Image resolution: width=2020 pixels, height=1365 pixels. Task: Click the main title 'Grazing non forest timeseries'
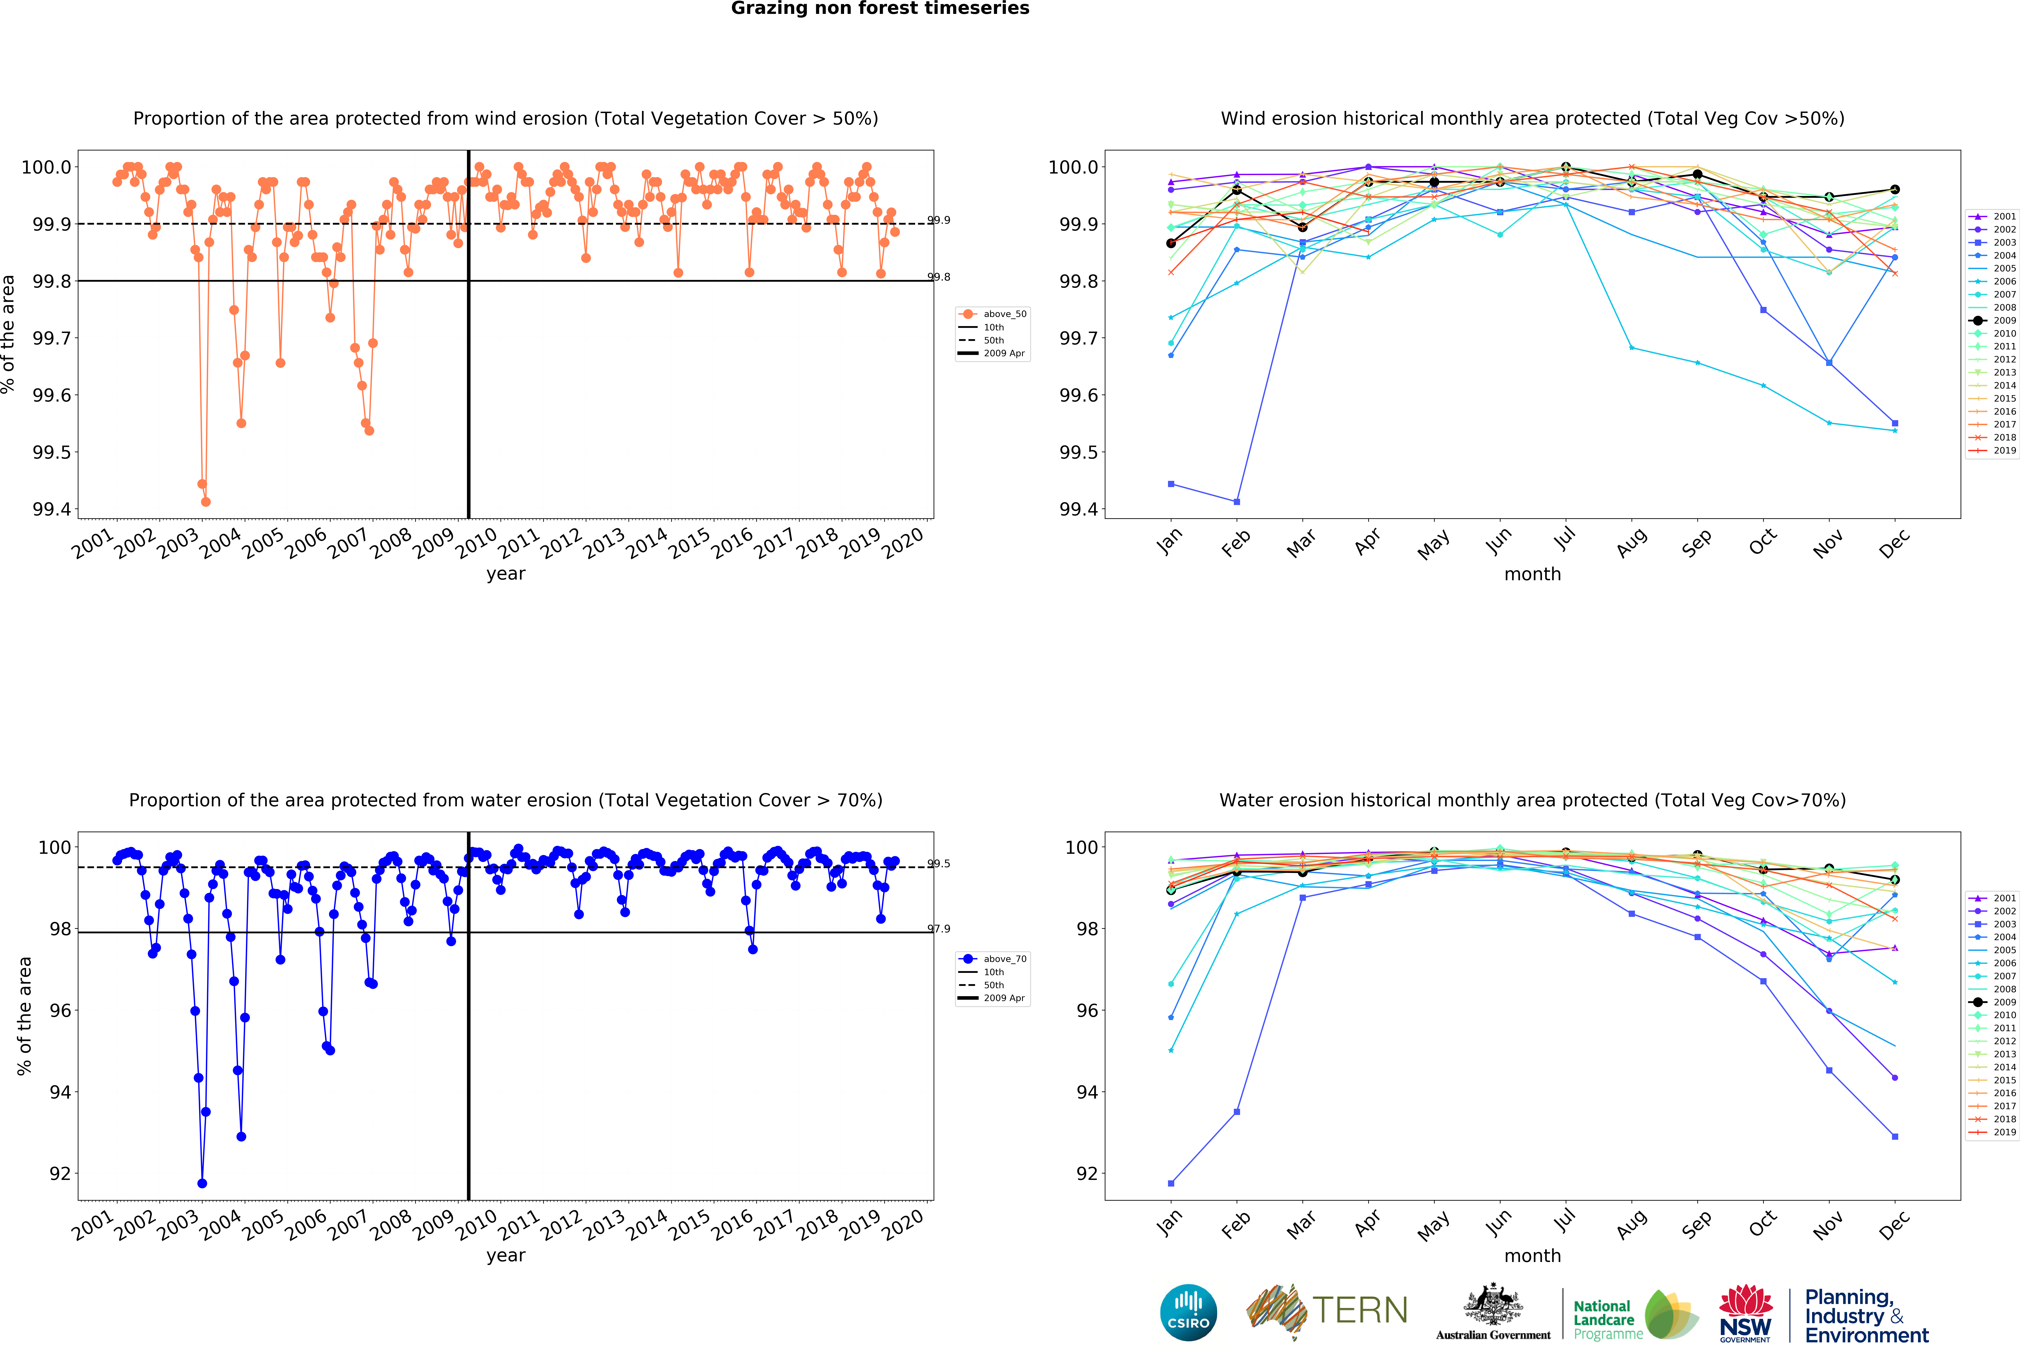pos(880,9)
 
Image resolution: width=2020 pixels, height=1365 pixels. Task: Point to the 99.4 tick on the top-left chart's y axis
pos(52,509)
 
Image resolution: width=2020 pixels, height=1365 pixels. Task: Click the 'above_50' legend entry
pos(1004,314)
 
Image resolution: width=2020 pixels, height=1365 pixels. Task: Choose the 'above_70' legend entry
pos(1004,959)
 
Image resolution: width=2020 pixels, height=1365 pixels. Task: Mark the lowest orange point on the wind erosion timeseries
pos(206,502)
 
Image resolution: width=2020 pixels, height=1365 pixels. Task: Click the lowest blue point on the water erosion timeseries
pos(203,1183)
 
